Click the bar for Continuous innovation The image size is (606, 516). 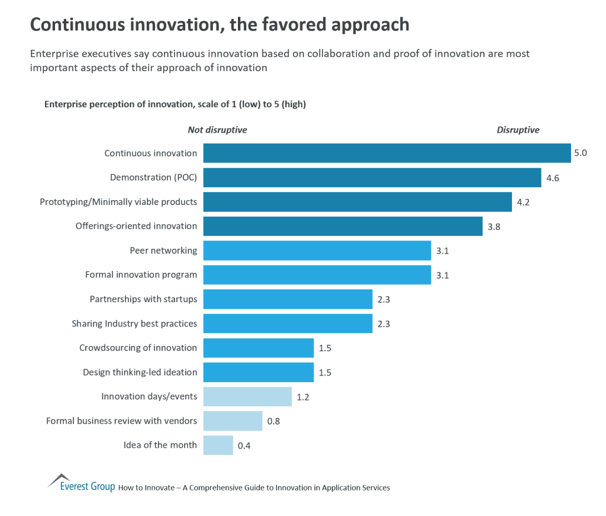(x=387, y=153)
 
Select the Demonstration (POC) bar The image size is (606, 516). (x=372, y=178)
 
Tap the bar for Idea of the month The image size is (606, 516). (x=218, y=445)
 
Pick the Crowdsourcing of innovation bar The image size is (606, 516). (x=258, y=348)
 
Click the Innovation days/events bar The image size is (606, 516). (x=247, y=396)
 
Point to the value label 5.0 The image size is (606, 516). (x=580, y=153)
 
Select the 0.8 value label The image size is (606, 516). (x=273, y=421)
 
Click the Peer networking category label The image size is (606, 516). (x=163, y=251)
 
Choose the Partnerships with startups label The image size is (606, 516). (x=143, y=299)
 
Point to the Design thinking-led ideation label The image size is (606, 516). (x=140, y=372)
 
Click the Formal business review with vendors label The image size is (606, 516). (x=121, y=421)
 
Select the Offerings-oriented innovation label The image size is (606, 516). (x=136, y=226)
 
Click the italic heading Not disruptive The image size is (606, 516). (x=217, y=130)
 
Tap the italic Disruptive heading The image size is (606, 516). (x=518, y=130)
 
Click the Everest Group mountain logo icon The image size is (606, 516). (x=59, y=479)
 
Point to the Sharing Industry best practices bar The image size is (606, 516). (x=288, y=323)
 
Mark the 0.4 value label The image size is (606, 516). (x=244, y=446)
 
